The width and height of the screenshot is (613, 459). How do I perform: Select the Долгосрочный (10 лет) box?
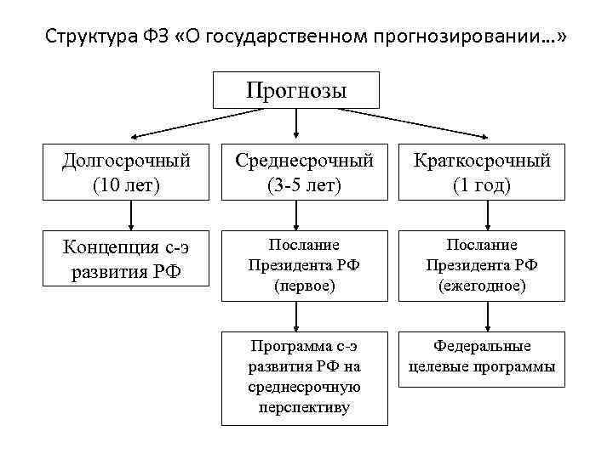(x=126, y=173)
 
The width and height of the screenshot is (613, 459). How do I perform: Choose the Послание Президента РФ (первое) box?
(x=304, y=265)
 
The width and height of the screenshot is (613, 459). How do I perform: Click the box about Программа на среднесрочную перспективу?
(x=304, y=377)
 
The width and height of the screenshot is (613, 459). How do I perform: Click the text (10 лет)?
(x=126, y=184)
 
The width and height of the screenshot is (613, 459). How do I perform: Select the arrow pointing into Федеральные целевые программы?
(x=485, y=315)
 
